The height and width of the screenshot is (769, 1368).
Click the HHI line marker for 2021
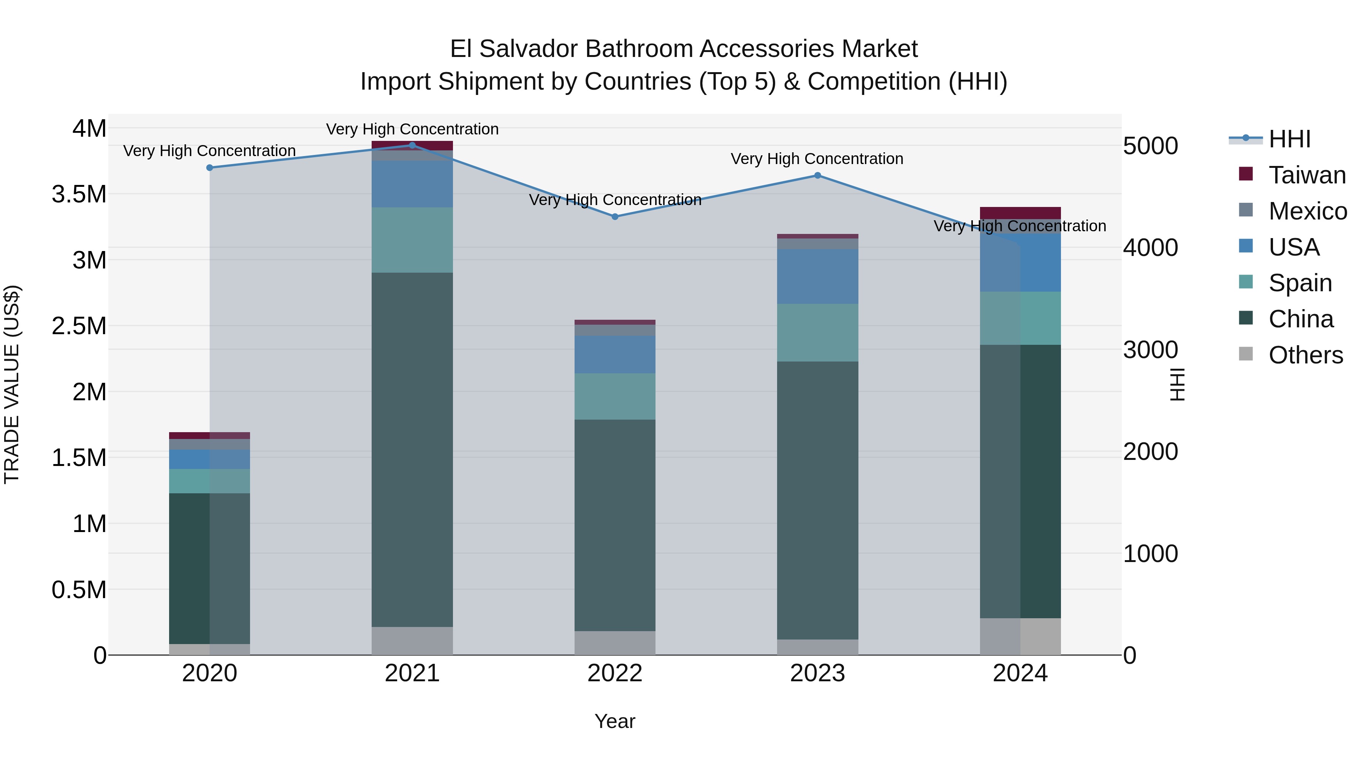412,145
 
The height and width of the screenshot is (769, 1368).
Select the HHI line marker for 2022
615,216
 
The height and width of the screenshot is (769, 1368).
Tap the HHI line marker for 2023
817,175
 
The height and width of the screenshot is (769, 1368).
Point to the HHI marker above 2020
210,168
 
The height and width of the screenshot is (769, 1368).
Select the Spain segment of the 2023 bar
817,332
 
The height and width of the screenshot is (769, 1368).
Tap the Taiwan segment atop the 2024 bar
1020,213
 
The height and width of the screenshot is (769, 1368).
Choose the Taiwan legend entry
1306,175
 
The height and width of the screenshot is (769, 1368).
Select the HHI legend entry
1289,139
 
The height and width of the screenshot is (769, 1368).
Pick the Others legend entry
1305,355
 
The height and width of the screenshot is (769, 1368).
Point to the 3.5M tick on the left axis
79,194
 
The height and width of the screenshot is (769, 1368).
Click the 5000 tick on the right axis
1150,146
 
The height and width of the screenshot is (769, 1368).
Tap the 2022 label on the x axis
615,673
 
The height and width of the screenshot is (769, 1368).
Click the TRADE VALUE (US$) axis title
12,384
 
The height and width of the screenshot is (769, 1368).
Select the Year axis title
615,721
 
